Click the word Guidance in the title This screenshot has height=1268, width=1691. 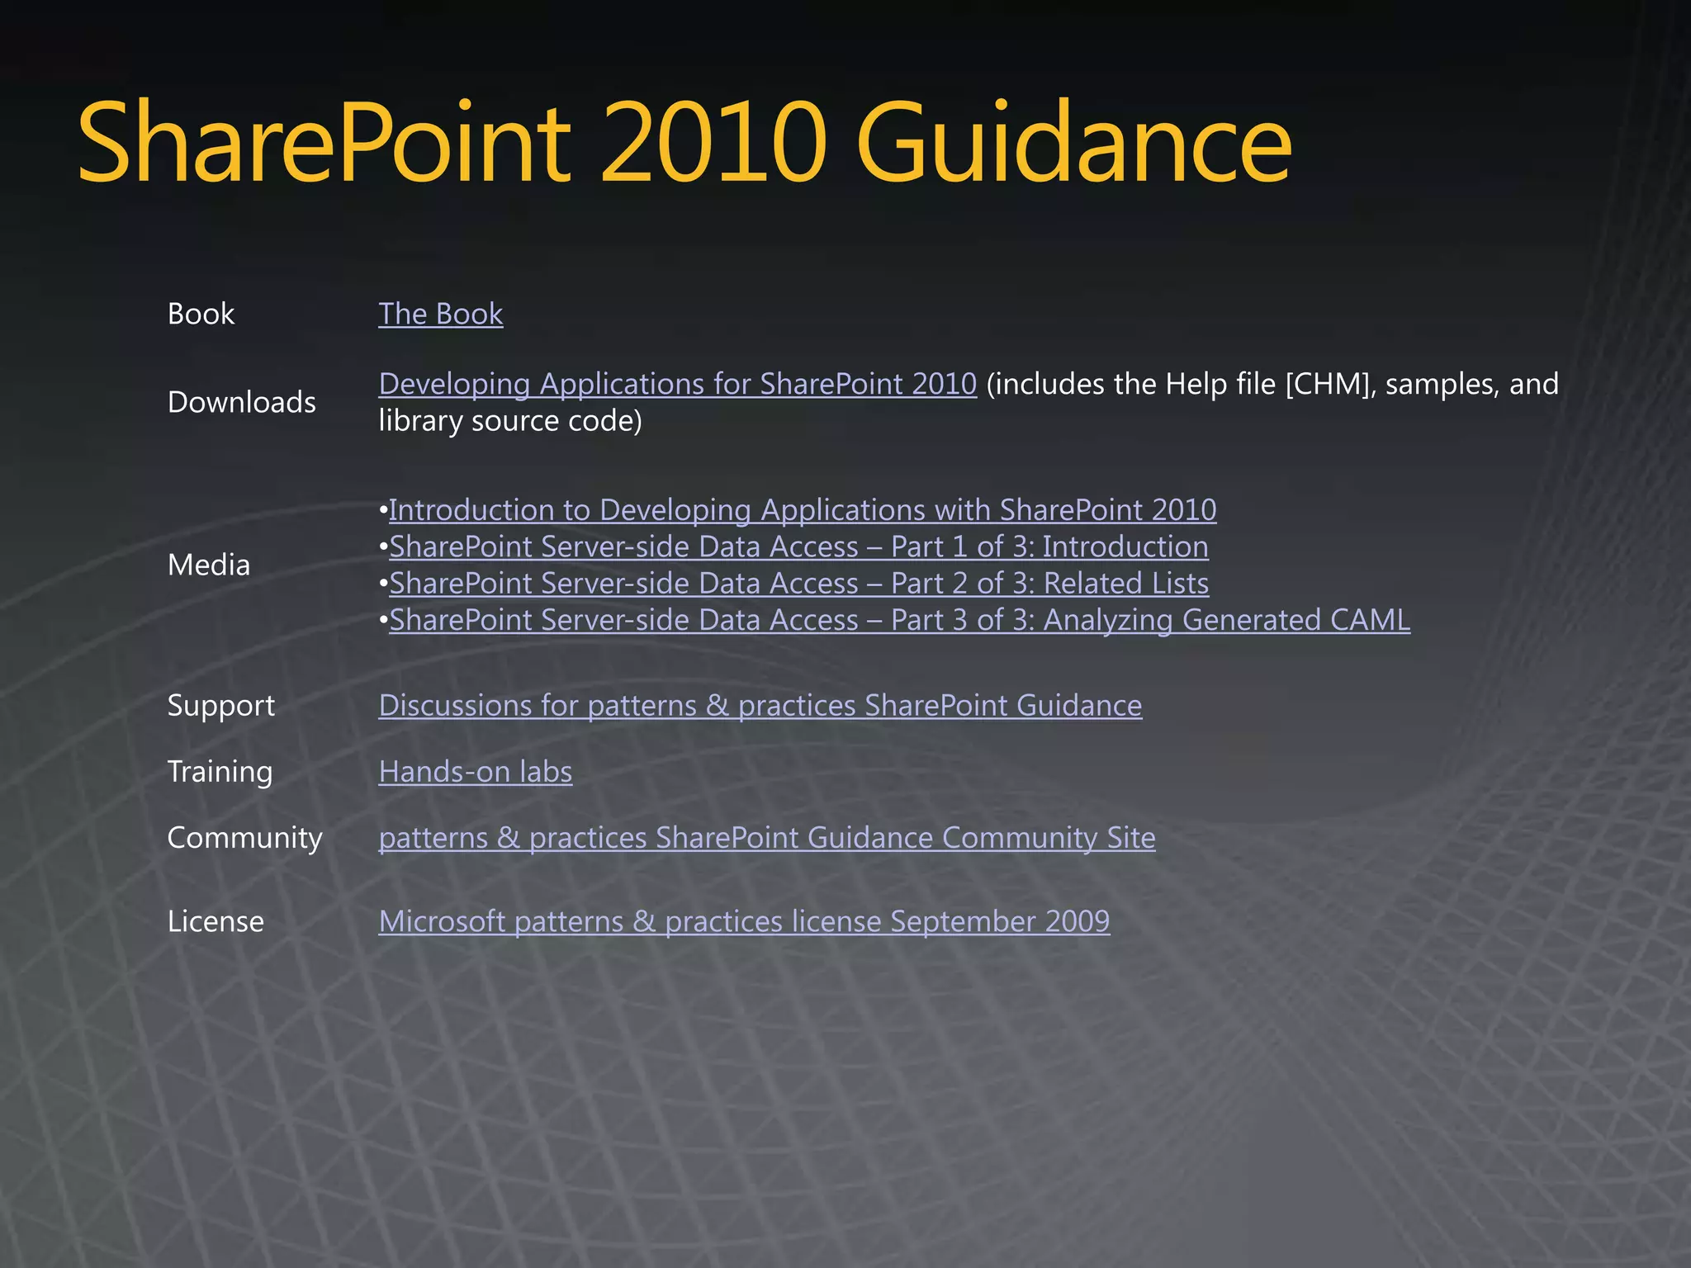click(x=1073, y=142)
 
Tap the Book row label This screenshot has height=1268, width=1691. click(x=201, y=315)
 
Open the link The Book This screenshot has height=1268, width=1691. click(x=440, y=315)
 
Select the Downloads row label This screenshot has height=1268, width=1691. click(x=241, y=403)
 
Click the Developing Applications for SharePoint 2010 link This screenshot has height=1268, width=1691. click(x=677, y=385)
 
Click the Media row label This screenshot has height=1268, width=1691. click(x=208, y=565)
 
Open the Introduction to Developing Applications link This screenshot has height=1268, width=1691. click(x=802, y=510)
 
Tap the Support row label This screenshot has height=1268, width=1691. click(x=220, y=706)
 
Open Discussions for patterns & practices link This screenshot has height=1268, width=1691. click(x=760, y=706)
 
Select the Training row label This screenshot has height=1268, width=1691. click(x=220, y=772)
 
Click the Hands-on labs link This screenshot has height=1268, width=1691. click(x=475, y=772)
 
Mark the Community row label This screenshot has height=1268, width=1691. click(x=244, y=838)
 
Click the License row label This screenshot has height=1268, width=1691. click(x=216, y=921)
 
